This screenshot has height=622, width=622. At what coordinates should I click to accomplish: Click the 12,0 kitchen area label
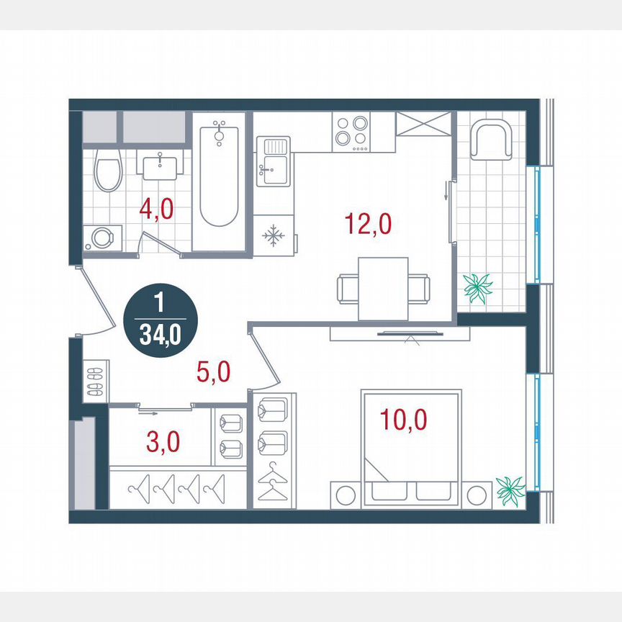point(368,225)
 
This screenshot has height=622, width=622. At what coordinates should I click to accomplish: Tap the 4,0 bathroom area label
point(155,212)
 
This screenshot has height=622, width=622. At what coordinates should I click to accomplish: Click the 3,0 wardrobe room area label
point(163,440)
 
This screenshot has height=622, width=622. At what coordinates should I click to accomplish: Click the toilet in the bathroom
point(109,170)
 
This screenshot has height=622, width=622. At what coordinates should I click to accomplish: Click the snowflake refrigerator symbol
point(274,235)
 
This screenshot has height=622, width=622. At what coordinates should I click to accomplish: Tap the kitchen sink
point(274,164)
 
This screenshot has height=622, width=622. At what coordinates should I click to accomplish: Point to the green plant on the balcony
point(478,287)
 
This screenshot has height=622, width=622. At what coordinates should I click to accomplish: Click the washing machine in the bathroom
point(101,238)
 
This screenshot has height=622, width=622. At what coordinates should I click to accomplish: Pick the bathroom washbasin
point(161,166)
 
